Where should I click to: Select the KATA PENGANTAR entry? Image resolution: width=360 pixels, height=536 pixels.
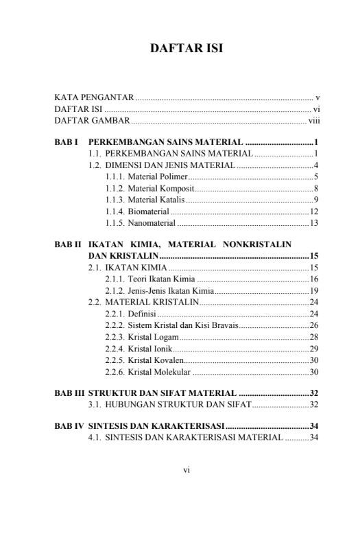(x=94, y=97)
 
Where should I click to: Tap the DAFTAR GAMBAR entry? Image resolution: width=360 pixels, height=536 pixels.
(x=92, y=121)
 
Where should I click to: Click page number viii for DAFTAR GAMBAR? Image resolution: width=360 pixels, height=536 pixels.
(x=315, y=121)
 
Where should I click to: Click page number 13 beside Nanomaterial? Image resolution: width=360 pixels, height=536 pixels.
(x=314, y=223)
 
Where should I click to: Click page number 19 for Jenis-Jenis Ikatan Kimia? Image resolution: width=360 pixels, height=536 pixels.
(x=314, y=290)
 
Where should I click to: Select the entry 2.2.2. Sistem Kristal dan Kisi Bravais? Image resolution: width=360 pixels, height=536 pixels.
(x=171, y=325)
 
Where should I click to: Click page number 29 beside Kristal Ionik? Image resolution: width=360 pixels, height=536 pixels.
(x=314, y=349)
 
